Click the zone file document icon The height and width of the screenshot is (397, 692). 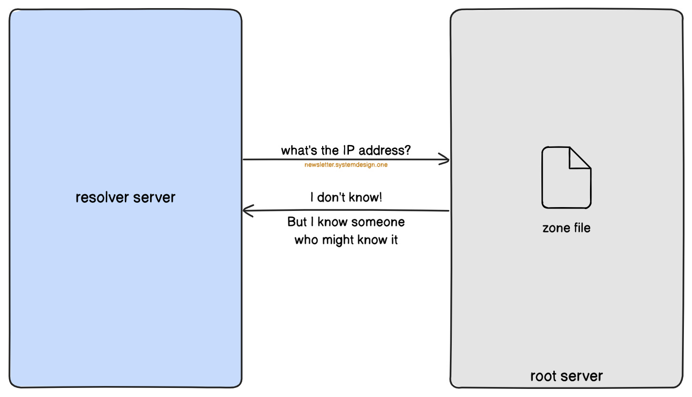click(566, 178)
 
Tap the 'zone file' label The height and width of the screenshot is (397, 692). click(566, 228)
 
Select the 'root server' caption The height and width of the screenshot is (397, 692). click(566, 376)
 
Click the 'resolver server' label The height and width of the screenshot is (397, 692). click(125, 197)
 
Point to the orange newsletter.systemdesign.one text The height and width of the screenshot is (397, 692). click(346, 165)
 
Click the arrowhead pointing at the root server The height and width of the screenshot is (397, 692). click(445, 159)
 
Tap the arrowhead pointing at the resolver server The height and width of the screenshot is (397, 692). click(248, 211)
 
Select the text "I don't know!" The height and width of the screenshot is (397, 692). click(346, 197)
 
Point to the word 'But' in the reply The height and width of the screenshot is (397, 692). click(297, 222)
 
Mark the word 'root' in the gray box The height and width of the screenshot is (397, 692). click(543, 376)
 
